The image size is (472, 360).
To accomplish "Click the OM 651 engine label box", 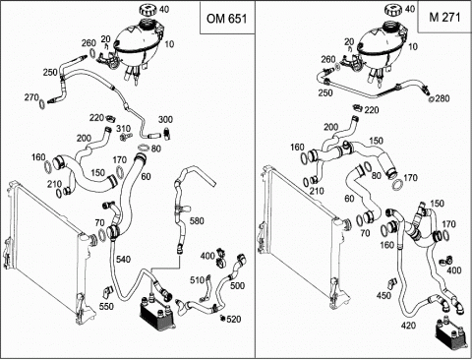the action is click(x=227, y=18).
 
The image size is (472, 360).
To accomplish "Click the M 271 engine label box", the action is click(x=444, y=17).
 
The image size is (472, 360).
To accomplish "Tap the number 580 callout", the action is click(x=197, y=221).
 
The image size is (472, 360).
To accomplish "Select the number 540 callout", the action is click(x=123, y=260).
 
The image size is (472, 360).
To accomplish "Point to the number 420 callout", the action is click(x=408, y=326).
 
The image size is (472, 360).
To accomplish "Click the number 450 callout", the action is click(x=383, y=295).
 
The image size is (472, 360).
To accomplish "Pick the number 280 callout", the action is click(x=442, y=98).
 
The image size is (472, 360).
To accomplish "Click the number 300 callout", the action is click(x=165, y=120).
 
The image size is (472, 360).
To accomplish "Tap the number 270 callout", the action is click(x=31, y=97).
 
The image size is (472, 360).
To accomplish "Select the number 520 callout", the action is click(x=234, y=319).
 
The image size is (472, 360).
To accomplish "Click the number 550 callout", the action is click(x=106, y=306).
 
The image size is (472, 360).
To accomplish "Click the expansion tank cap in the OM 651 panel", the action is click(x=149, y=9).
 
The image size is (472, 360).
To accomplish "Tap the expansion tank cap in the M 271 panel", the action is click(x=394, y=9).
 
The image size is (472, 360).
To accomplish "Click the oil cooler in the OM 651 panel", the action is click(x=157, y=312).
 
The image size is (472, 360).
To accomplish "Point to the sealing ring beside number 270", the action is click(x=42, y=104).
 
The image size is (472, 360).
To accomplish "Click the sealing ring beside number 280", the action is click(x=432, y=99).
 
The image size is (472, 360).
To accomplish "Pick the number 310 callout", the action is click(x=124, y=129).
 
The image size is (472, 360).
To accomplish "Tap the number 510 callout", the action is click(x=197, y=280).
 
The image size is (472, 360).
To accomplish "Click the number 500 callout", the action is click(x=237, y=285).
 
